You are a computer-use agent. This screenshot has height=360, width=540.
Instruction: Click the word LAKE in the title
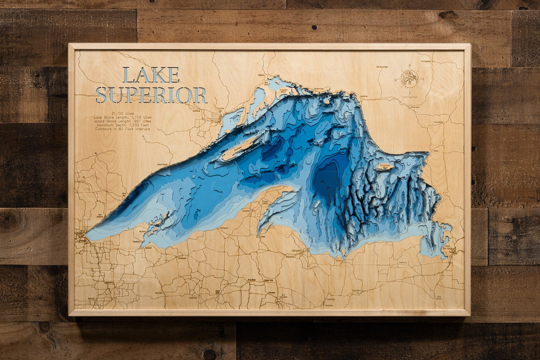(151, 75)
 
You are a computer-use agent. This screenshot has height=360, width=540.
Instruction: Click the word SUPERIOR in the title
(151, 95)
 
